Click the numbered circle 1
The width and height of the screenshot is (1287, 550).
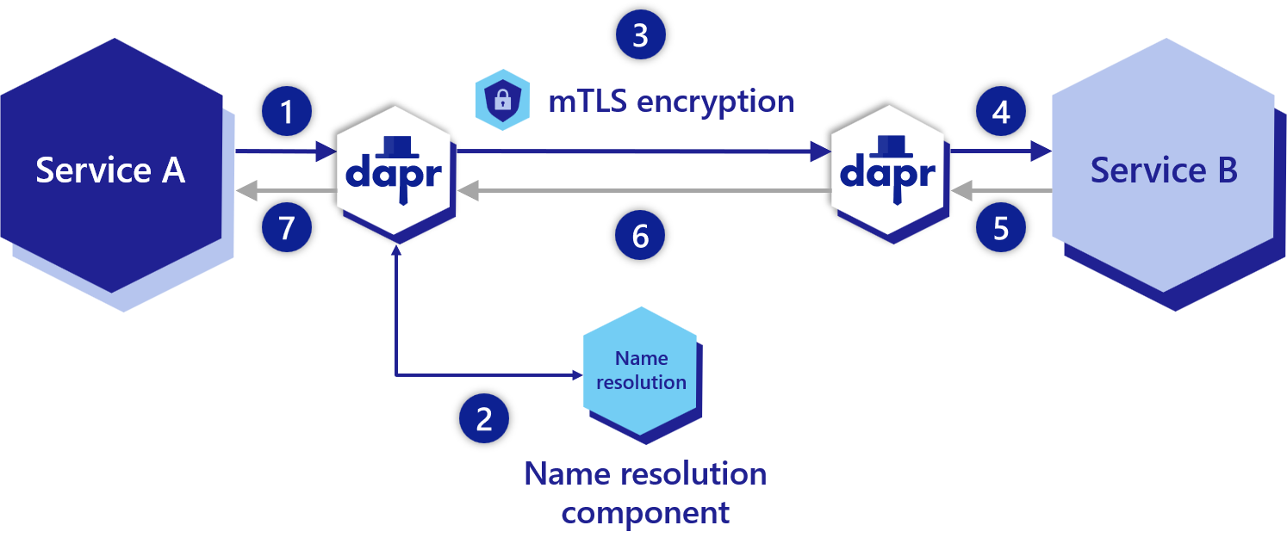287,112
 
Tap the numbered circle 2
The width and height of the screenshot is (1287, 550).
484,419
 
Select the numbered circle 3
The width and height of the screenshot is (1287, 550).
641,35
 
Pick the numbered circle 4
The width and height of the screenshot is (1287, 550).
1001,112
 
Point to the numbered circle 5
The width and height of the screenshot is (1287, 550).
1001,228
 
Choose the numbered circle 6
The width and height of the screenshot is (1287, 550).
641,235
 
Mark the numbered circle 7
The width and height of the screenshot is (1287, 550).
287,228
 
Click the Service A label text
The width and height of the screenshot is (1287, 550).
110,170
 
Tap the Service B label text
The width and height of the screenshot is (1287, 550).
1164,170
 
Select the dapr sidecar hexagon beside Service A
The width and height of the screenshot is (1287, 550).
394,170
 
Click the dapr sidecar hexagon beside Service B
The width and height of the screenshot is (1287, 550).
888,170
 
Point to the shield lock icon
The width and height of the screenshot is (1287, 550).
503,100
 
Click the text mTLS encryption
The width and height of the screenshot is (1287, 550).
671,101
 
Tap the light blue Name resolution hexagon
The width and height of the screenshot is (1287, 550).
640,370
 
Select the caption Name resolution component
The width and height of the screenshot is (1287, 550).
645,493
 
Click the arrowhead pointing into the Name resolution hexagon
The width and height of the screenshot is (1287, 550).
575,375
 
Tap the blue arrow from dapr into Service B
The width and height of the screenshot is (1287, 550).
999,152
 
